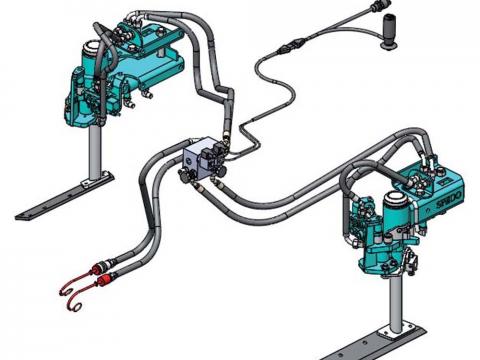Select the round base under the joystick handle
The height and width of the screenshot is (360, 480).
click(389, 45)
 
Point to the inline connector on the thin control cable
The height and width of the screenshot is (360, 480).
click(292, 45)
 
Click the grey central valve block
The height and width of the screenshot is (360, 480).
click(203, 157)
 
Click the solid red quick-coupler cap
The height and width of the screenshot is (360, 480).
click(104, 279)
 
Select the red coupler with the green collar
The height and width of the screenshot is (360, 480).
click(100, 267)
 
